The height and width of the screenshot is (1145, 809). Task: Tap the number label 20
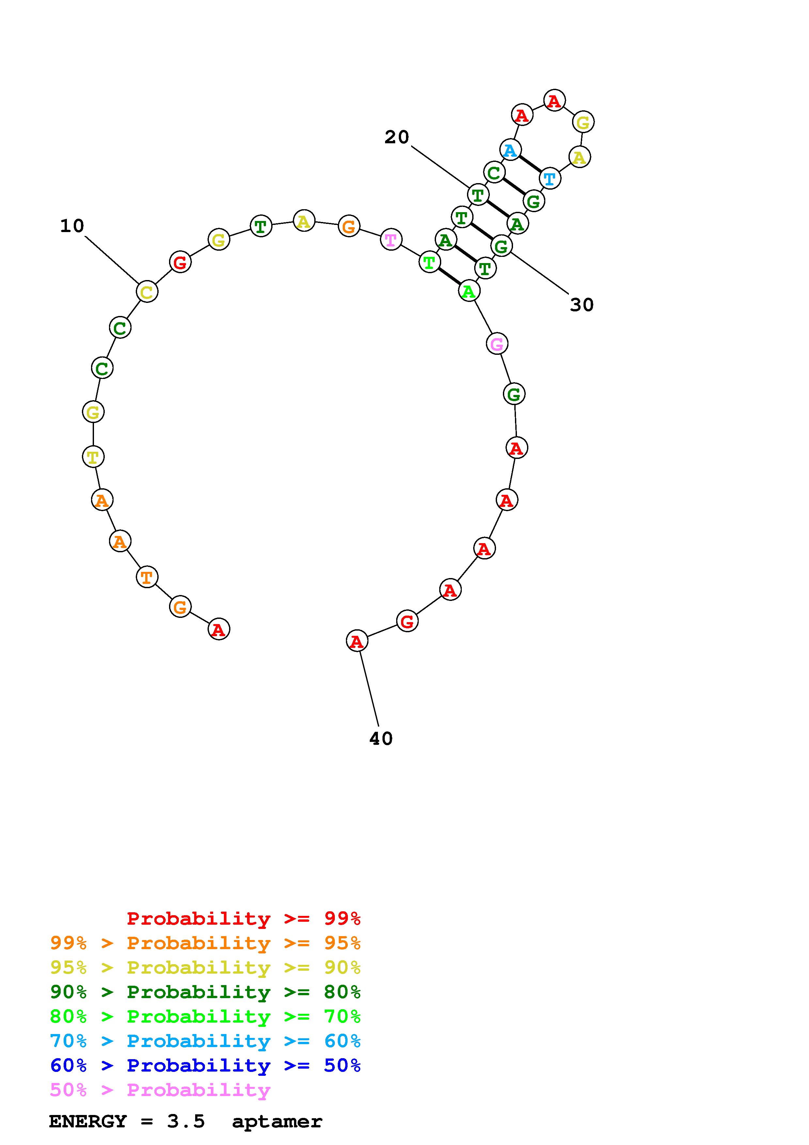397,137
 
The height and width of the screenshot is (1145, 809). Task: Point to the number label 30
582,305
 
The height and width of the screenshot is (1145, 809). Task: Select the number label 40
381,739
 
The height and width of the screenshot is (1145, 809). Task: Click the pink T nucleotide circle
391,239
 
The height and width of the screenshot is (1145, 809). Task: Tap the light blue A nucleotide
510,149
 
